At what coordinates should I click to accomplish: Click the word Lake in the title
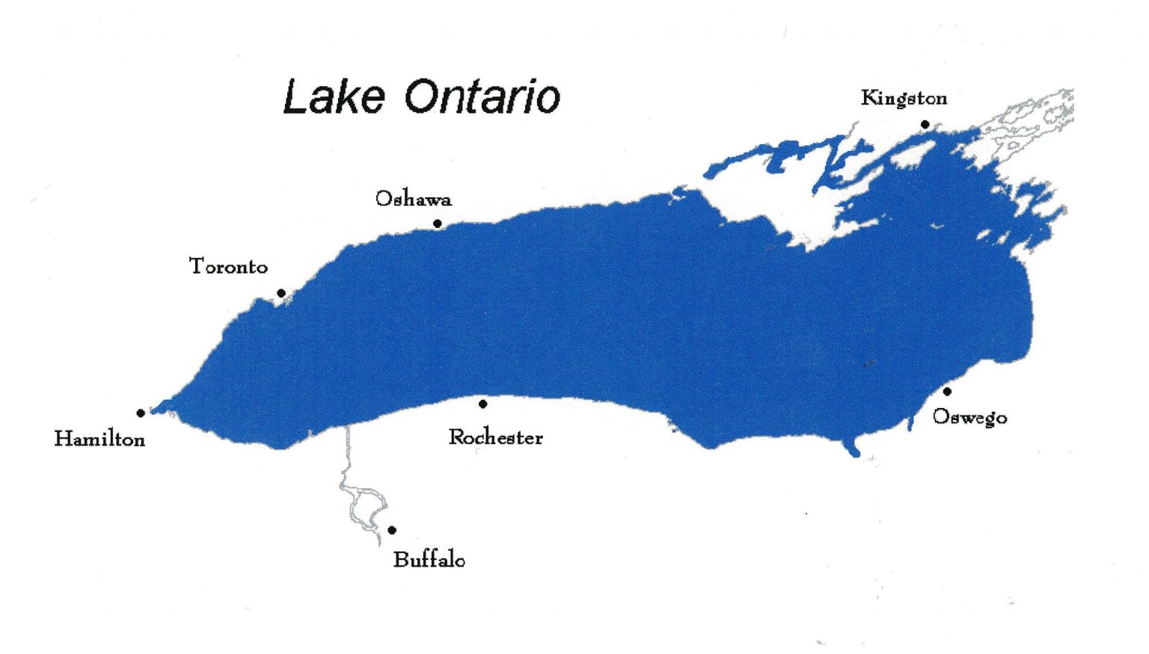point(334,97)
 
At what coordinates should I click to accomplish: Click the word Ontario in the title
point(482,97)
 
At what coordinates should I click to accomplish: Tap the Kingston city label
point(904,98)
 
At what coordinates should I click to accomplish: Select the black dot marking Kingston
point(925,124)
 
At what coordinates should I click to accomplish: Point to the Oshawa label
point(413,199)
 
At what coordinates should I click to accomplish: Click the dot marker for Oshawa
point(438,223)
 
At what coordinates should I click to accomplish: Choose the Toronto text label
point(228,266)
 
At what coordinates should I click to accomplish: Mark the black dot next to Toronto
point(281,293)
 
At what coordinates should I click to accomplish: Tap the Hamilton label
point(99,439)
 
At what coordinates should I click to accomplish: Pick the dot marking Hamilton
point(141,413)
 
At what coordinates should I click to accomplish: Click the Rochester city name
point(495,437)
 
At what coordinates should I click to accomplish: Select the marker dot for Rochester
point(483,404)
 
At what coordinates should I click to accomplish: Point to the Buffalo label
point(429,560)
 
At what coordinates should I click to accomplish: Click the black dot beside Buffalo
point(392,530)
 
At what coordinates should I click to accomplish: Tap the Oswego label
point(969,417)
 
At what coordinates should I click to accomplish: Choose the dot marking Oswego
point(947,391)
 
